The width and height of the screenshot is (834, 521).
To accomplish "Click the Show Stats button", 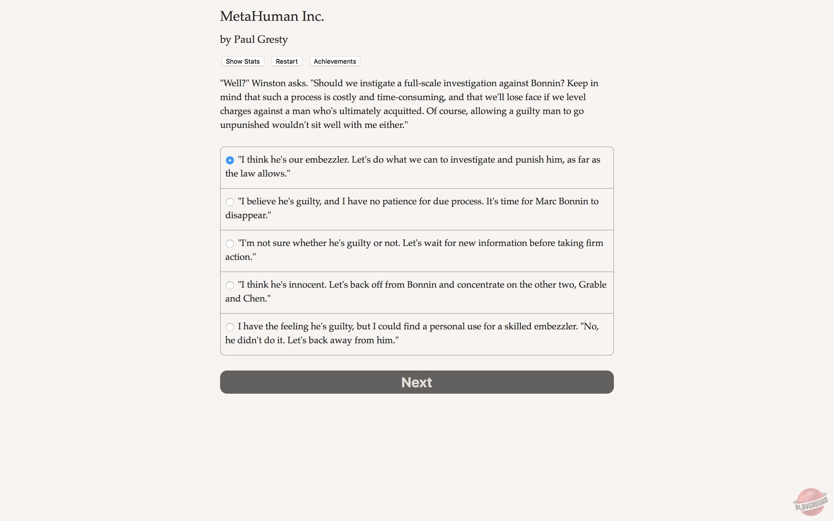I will pyautogui.click(x=243, y=61).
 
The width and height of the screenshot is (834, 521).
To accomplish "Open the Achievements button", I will pyautogui.click(x=334, y=61).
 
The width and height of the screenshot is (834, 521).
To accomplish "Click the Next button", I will pyautogui.click(x=417, y=382).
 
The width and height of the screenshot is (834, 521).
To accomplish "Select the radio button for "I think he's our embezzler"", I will pyautogui.click(x=230, y=160).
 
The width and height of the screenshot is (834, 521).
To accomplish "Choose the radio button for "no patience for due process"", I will pyautogui.click(x=230, y=202).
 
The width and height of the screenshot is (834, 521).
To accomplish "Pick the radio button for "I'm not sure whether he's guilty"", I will pyautogui.click(x=230, y=244).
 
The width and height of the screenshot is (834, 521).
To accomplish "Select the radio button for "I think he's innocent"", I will pyautogui.click(x=230, y=286).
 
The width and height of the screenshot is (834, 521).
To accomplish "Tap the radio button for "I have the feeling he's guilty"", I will pyautogui.click(x=230, y=327).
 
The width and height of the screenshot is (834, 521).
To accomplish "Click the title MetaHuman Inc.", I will pyautogui.click(x=272, y=16).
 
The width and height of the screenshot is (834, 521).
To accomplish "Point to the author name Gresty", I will pyautogui.click(x=273, y=40).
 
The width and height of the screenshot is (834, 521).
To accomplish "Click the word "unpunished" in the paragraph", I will pyautogui.click(x=245, y=125).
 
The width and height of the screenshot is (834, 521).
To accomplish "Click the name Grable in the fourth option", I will pyautogui.click(x=592, y=285).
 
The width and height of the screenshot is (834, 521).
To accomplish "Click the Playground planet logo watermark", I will pyautogui.click(x=810, y=502).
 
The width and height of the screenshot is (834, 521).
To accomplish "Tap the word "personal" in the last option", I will pyautogui.click(x=448, y=327).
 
